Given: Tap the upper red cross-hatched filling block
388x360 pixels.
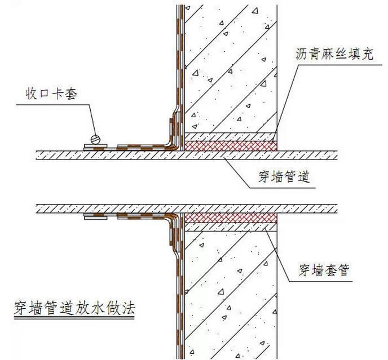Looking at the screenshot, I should (232, 145).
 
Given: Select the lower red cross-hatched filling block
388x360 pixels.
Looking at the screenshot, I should (232, 217).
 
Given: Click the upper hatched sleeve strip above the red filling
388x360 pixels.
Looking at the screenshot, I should (232, 136).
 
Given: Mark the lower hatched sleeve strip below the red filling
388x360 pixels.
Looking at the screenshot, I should (232, 226).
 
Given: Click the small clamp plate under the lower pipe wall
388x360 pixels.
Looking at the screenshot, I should (94, 216).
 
